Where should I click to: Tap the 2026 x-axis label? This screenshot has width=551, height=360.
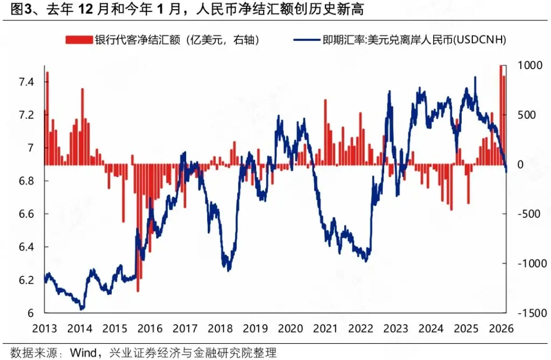click(500, 328)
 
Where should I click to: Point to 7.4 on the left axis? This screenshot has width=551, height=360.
click(26, 82)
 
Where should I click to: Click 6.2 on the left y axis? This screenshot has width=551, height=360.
click(26, 280)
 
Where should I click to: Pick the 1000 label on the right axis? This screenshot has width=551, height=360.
click(527, 65)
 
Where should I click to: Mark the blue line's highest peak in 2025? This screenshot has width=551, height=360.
click(475, 78)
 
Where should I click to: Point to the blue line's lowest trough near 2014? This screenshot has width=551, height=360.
click(82, 309)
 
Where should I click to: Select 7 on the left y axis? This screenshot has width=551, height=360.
click(31, 148)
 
